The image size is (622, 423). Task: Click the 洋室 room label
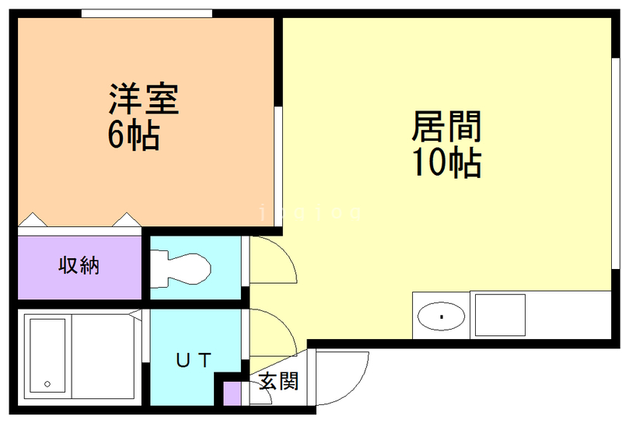[x=144, y=100]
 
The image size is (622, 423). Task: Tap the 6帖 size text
[x=134, y=137]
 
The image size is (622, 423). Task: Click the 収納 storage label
[x=79, y=266]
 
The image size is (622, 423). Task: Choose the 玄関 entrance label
[x=278, y=382]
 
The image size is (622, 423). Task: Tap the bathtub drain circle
[x=47, y=384]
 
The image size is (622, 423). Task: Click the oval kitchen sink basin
[x=441, y=316]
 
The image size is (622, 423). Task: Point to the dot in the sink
[x=441, y=316]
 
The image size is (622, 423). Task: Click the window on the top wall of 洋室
[x=147, y=13]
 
